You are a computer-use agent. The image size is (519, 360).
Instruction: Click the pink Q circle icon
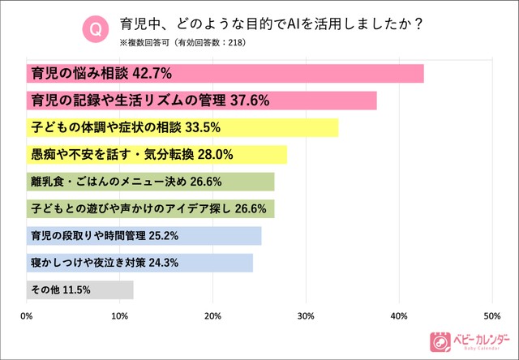pos(95,30)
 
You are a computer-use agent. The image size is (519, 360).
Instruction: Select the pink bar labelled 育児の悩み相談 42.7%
pos(225,74)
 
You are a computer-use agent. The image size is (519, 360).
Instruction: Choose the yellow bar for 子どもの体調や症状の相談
pos(182,128)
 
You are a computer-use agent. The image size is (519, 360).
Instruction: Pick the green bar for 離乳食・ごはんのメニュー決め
pos(150,182)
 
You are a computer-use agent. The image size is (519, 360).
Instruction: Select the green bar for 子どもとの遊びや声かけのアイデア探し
pos(150,208)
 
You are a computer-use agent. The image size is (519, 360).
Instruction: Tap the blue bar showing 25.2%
pos(144,236)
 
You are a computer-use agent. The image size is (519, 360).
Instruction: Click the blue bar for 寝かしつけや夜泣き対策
pos(139,263)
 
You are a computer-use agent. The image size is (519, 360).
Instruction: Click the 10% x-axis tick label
pos(120,315)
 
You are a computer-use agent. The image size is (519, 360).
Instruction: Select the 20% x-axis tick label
pos(213,315)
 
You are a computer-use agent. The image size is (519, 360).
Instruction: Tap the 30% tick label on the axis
pos(307,315)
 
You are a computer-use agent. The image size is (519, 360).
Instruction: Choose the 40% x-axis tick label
pos(399,315)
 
